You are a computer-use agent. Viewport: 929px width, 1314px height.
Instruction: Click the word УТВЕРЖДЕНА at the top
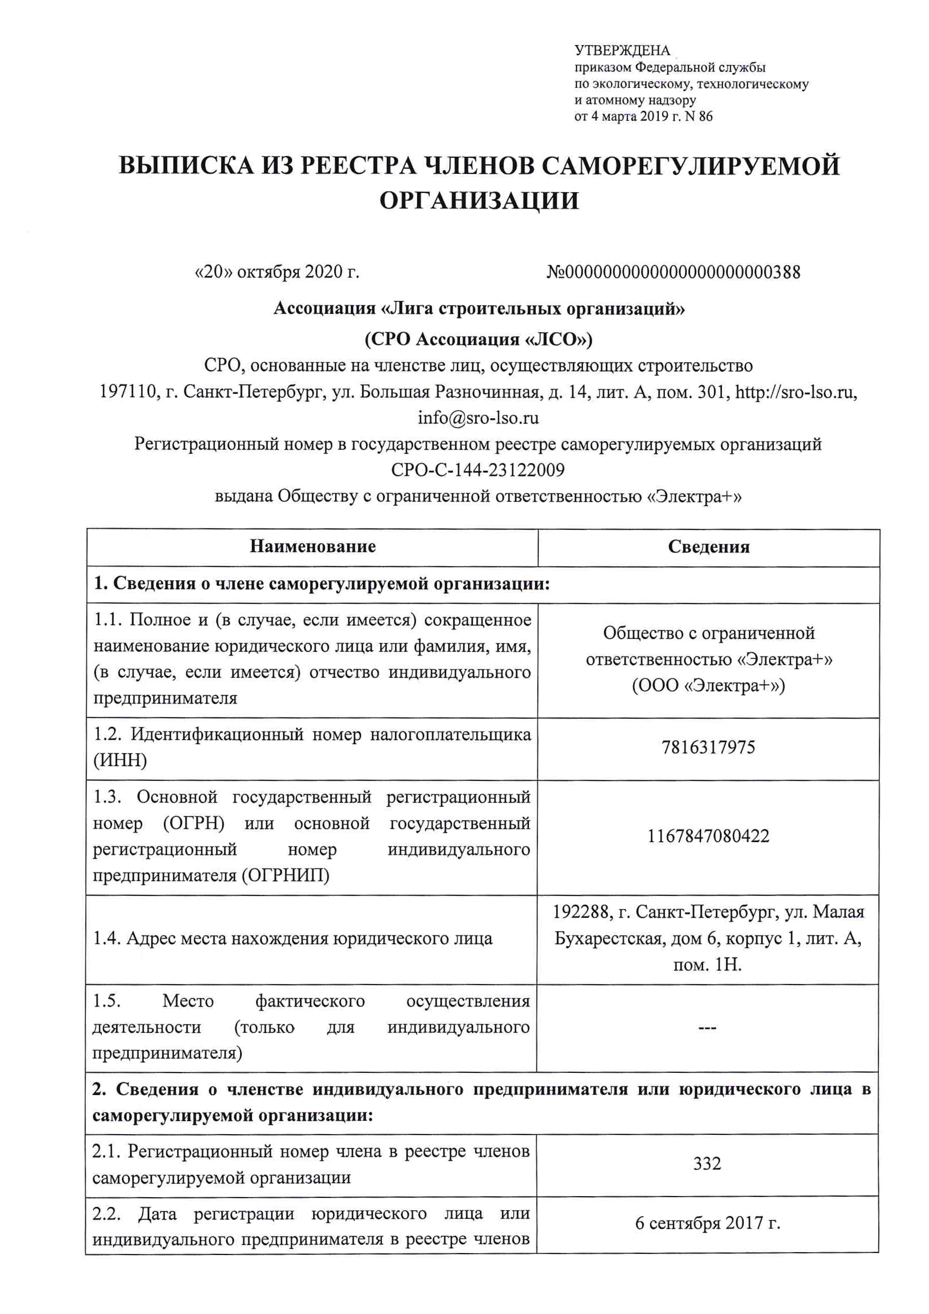[x=622, y=51]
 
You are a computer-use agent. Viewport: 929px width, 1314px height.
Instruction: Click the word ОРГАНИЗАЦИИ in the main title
[x=479, y=201]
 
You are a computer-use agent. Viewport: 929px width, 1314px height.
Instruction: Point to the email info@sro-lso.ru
[x=478, y=418]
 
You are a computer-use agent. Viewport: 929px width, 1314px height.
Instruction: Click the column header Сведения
[x=708, y=547]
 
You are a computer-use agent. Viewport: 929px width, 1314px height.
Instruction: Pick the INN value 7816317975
[x=708, y=747]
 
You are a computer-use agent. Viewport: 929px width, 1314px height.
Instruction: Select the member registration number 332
[x=707, y=1163]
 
